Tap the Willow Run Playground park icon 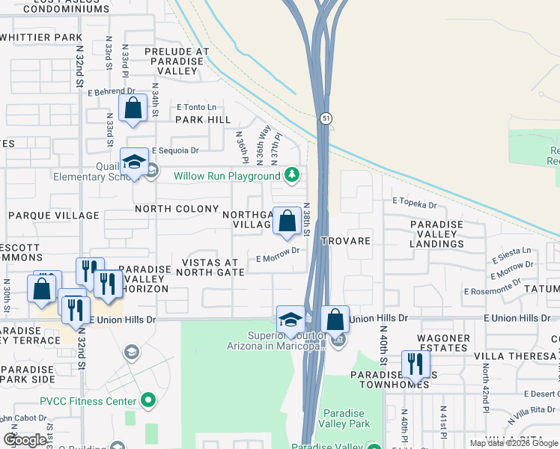292,176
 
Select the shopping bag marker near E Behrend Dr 133,109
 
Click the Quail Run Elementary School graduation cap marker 134,162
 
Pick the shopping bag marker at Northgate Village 287,221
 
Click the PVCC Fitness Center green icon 148,401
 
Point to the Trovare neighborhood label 346,241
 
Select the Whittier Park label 40,37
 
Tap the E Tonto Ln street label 196,107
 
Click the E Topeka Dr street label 413,204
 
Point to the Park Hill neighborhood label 203,120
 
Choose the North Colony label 176,209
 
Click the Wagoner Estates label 439,343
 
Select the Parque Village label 53,216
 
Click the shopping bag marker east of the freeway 335,319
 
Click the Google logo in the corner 25,440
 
